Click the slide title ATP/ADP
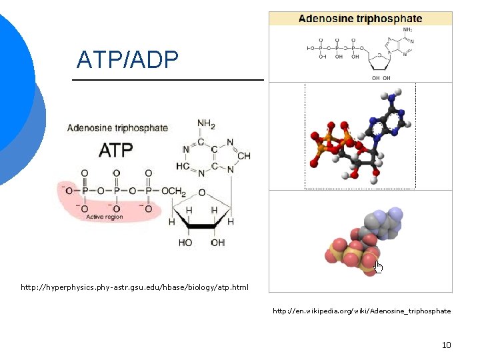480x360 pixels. coord(127,60)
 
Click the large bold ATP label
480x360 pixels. coord(115,150)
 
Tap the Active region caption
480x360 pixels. coord(104,217)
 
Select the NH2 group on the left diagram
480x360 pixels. coord(205,124)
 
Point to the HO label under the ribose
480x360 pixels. coord(185,243)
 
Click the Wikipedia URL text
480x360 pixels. coord(361,311)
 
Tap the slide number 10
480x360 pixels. coord(446,345)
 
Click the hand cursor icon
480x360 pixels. coord(379,267)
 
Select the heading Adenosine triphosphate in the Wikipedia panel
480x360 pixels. coord(360,19)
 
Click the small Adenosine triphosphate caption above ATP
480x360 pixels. coord(117,128)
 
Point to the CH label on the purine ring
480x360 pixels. coord(243,156)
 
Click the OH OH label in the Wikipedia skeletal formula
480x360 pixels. coord(381,77)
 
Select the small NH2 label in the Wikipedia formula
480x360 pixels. coord(407,30)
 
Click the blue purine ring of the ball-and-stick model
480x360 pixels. coord(390,121)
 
